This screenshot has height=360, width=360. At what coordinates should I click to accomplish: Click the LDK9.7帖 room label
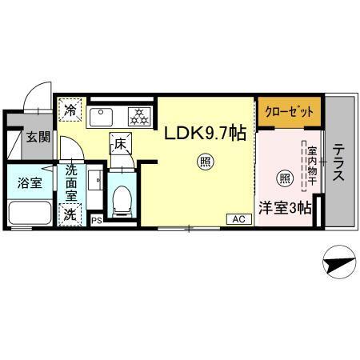pos(205,134)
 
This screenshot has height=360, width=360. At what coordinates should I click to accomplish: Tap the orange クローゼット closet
pos(290,111)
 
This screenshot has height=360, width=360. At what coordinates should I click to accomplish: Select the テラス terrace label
pos(339,162)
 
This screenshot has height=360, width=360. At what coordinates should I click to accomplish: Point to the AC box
pos(238,218)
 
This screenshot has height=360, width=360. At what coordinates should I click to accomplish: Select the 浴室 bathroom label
pos(28,183)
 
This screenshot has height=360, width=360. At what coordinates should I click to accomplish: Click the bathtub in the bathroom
pos(30,214)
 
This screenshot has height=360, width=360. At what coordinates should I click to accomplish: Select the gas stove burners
pos(139,116)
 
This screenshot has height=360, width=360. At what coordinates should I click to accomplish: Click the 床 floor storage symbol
pos(121,145)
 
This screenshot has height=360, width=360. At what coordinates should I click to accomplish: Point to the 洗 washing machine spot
pos(70,214)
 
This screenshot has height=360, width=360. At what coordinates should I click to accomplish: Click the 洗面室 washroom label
pos(71,181)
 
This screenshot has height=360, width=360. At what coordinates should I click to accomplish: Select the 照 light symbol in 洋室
pos(283,177)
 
